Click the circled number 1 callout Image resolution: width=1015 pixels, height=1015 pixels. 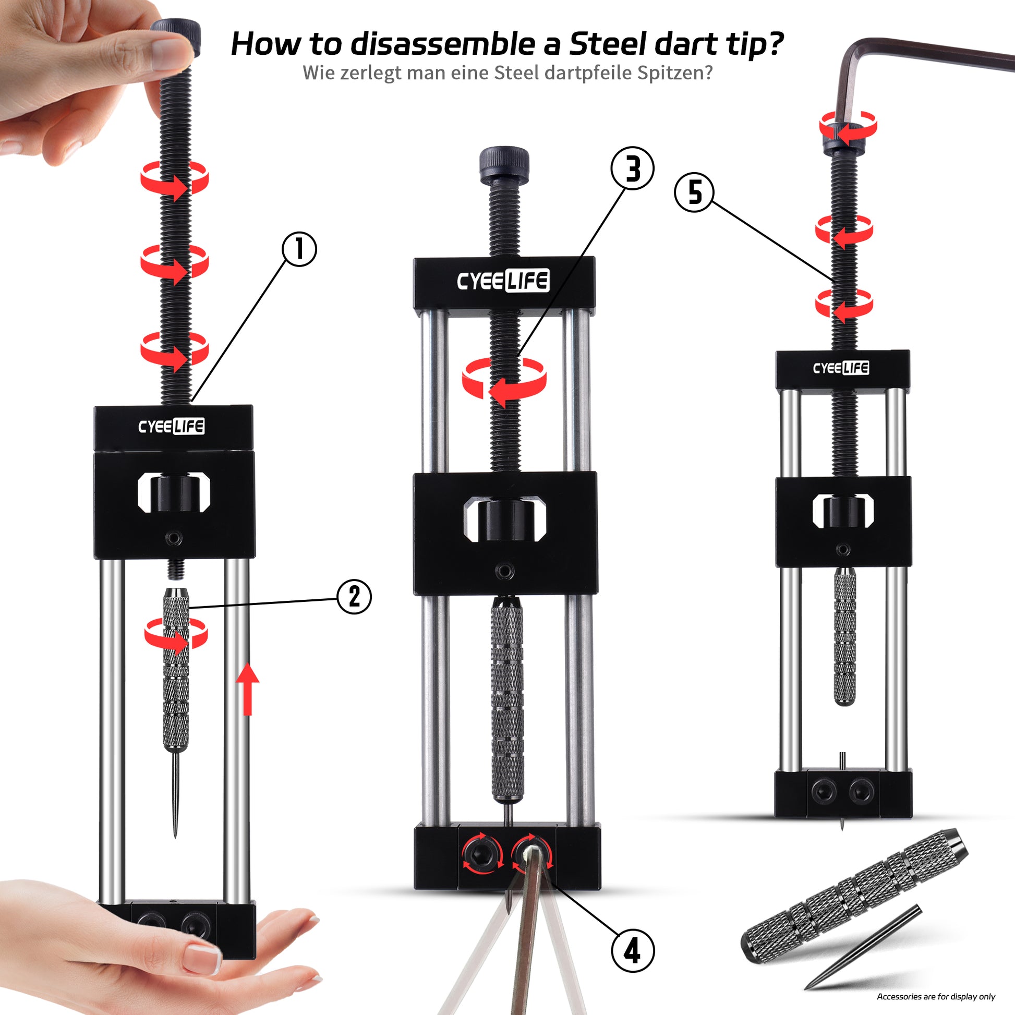(x=299, y=249)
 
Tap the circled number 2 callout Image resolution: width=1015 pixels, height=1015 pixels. (x=355, y=597)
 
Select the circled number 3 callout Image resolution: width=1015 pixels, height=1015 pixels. (x=633, y=168)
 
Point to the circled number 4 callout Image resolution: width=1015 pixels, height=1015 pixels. (x=633, y=950)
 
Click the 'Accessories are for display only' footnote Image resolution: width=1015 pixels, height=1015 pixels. (x=936, y=997)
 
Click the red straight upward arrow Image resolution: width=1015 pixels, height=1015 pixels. (x=247, y=688)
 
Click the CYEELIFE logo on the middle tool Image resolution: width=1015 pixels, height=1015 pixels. (x=503, y=281)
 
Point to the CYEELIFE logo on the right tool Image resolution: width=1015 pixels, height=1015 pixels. (x=841, y=368)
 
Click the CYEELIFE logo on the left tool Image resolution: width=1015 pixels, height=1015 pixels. (x=171, y=426)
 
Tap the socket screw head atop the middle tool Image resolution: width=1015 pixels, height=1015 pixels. (x=504, y=165)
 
